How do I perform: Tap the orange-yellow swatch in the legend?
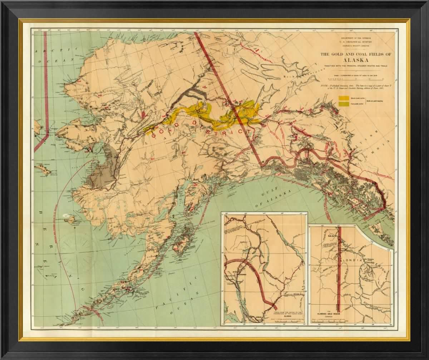click(x=344, y=98)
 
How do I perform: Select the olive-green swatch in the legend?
click(x=344, y=103)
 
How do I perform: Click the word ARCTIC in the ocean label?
click(x=43, y=51)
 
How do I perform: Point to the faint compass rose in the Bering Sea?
click(x=77, y=247)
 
